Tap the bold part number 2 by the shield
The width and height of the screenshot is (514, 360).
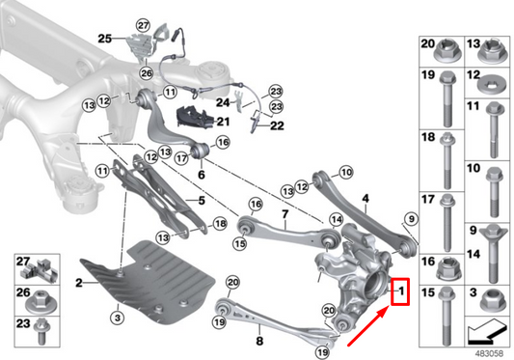pos(82,281)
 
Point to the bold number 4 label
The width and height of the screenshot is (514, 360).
pos(365,200)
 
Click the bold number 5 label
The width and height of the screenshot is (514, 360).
pos(201,201)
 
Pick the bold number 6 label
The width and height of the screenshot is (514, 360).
pos(201,176)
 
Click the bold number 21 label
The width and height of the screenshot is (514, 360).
pos(221,121)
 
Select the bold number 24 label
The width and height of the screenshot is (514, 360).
pos(221,100)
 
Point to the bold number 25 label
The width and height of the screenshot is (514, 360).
pos(105,38)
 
